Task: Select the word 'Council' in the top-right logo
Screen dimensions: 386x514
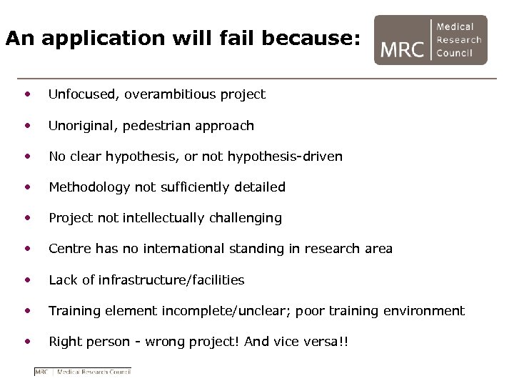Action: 455,54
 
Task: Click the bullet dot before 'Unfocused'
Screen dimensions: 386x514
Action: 27,94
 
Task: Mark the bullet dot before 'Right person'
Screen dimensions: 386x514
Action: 27,341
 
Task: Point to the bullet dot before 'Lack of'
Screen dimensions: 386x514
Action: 27,279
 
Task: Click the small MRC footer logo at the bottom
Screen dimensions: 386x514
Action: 83,372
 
